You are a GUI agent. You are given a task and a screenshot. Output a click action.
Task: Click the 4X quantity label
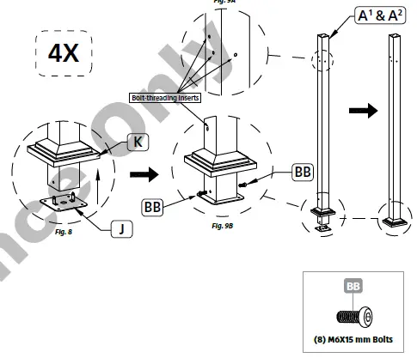(64, 52)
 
